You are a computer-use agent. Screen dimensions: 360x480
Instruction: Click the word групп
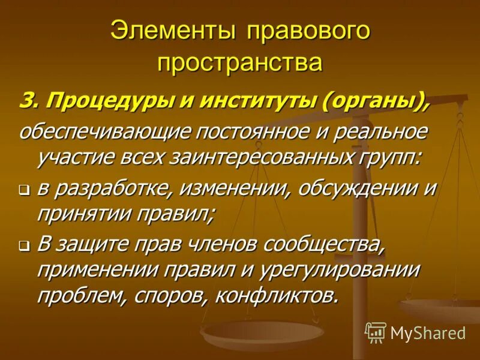390,158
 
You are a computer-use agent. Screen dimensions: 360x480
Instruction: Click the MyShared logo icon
376,332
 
